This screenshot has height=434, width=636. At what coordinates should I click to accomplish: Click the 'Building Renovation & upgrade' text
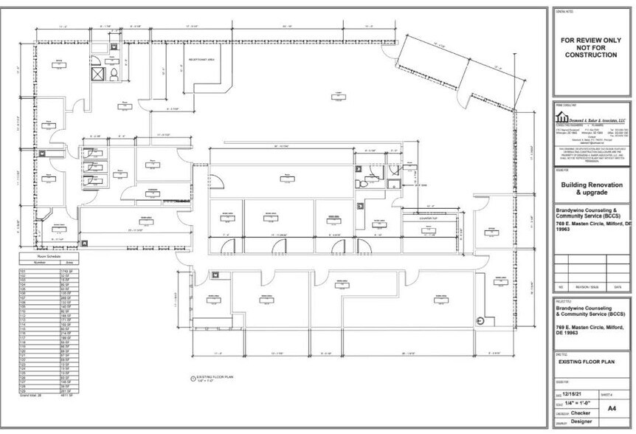(592, 188)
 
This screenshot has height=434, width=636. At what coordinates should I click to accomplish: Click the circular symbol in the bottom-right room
(479, 320)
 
